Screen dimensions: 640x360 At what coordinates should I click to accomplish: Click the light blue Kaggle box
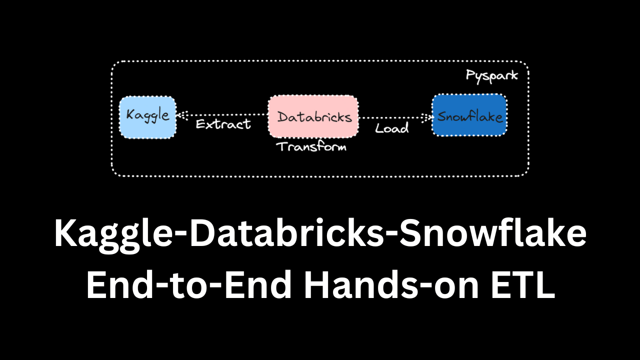[x=147, y=117]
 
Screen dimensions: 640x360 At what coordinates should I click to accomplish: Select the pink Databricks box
[x=313, y=116]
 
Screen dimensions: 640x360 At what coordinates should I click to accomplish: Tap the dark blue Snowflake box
[x=469, y=115]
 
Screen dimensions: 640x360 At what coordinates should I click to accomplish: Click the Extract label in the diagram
[x=223, y=124]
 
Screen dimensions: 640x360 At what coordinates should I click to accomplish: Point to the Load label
[x=391, y=128]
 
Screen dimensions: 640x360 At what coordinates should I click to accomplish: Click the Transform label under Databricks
[x=311, y=146]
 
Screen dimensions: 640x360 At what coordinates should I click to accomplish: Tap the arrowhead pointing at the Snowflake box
[x=426, y=117]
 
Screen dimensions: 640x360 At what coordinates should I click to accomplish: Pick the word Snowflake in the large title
[x=493, y=232]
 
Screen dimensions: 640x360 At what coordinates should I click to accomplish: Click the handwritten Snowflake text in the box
[x=469, y=116]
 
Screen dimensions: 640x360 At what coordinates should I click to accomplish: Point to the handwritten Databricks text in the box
[x=314, y=117]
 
